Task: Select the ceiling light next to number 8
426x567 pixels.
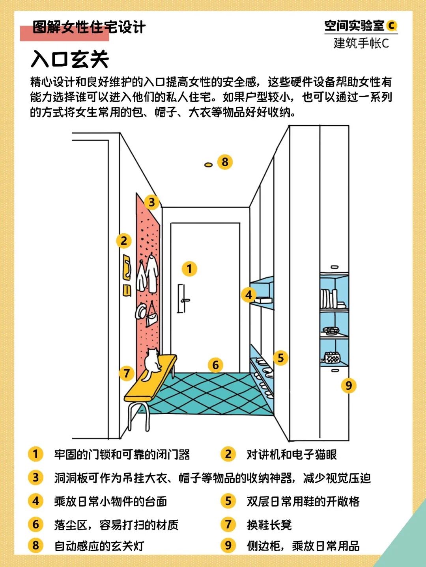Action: (x=208, y=165)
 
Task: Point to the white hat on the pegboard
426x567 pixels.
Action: (x=140, y=312)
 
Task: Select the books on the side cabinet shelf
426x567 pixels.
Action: (x=329, y=299)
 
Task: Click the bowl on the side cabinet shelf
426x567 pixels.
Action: (x=331, y=330)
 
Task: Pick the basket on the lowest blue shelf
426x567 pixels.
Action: (x=332, y=357)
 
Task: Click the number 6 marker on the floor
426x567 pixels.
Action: (x=215, y=365)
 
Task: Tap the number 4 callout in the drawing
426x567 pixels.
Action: (x=248, y=294)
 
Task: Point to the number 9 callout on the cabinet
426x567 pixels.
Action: (x=348, y=385)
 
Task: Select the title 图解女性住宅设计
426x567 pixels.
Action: (x=89, y=28)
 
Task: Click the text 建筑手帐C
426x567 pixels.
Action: (x=361, y=43)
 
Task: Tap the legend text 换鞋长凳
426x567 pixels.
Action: (x=269, y=524)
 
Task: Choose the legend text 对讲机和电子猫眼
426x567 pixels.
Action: (x=291, y=454)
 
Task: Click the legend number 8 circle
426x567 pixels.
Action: (x=35, y=545)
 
